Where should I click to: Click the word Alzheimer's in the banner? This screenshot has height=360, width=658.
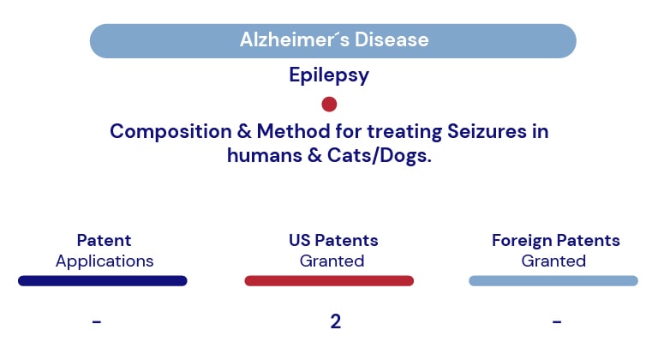click(294, 40)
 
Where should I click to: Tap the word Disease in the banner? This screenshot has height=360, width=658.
click(392, 40)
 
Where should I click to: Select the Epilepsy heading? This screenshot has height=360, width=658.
click(329, 75)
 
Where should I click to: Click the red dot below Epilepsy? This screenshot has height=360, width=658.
click(329, 105)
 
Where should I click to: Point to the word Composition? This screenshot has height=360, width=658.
click(170, 131)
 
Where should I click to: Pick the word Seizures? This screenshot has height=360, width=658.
click(487, 131)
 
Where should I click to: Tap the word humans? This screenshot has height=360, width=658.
click(265, 155)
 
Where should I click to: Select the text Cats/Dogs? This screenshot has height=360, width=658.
click(380, 156)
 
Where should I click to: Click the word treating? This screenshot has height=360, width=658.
click(404, 131)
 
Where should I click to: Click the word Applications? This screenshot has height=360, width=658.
click(105, 261)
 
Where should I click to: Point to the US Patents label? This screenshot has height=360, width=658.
click(333, 240)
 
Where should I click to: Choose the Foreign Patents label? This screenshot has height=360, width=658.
click(555, 241)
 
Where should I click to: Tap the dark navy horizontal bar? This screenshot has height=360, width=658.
click(103, 280)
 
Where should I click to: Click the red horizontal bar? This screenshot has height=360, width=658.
click(329, 280)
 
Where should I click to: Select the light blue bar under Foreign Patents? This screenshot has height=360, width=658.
click(553, 280)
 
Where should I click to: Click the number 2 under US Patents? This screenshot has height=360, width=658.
click(335, 321)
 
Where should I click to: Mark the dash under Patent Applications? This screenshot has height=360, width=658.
click(97, 321)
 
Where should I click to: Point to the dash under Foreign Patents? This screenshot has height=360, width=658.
click(557, 321)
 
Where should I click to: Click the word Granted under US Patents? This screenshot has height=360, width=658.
click(332, 261)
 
